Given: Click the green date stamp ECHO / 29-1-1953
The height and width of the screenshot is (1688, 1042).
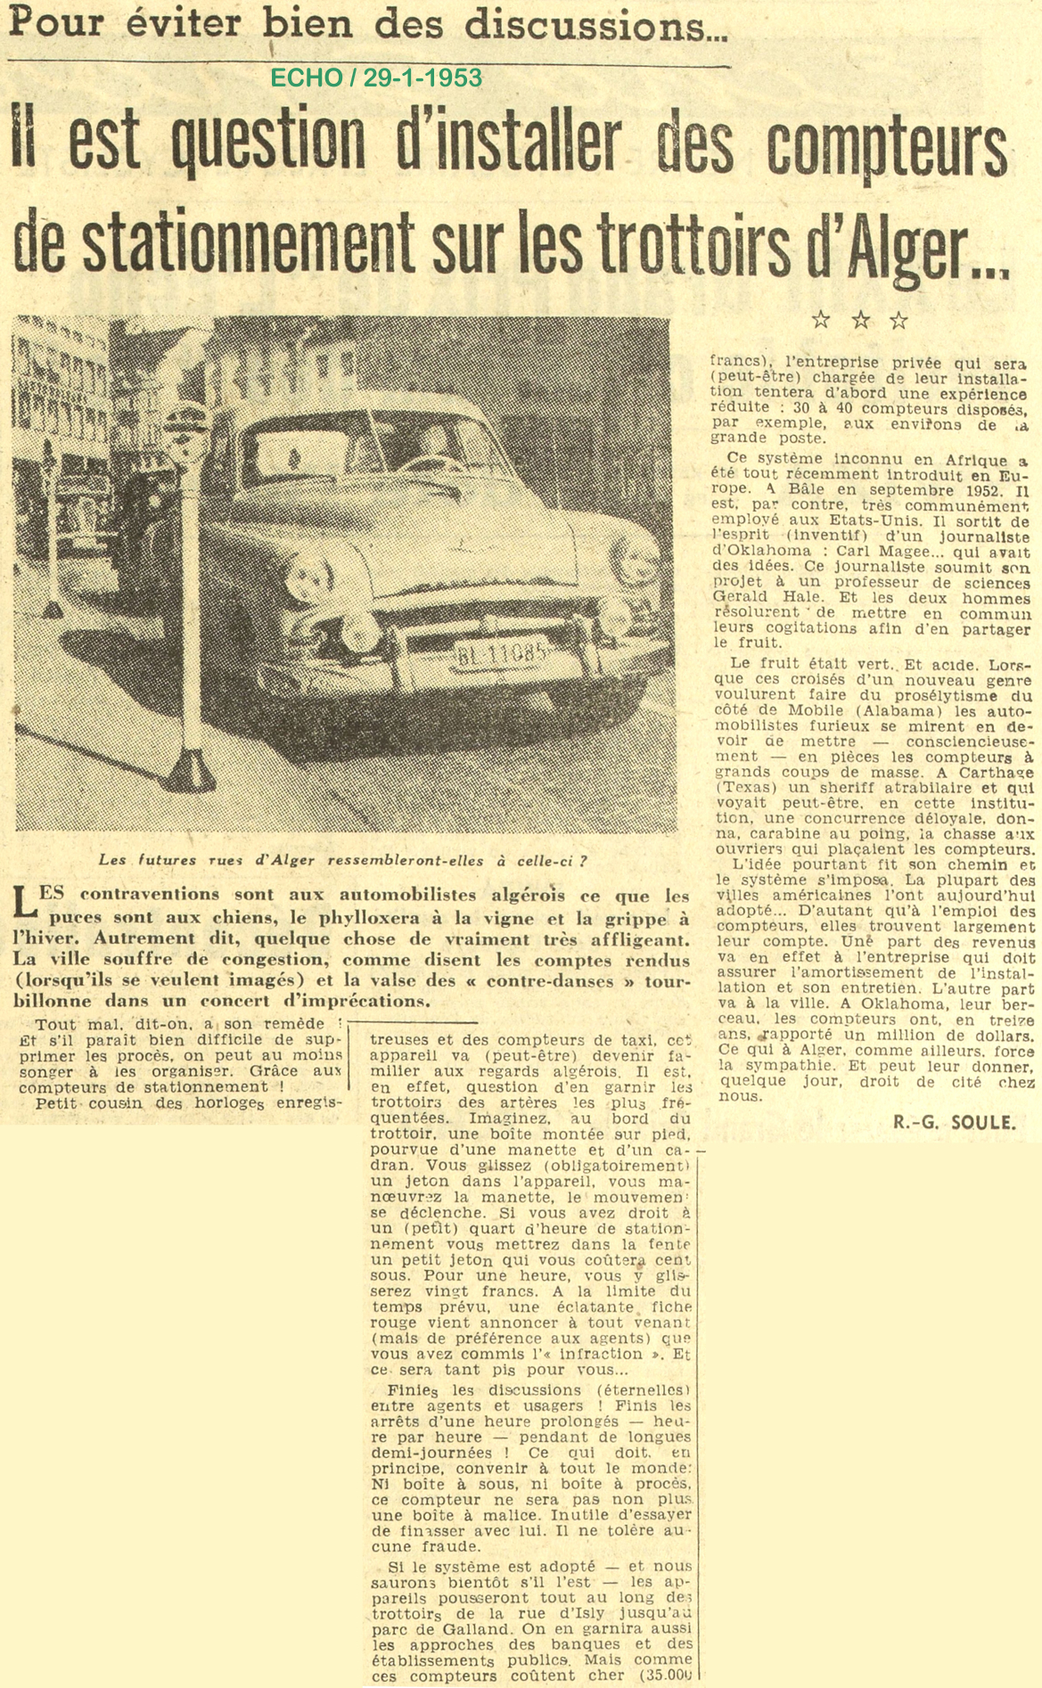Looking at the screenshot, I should pyautogui.click(x=375, y=78).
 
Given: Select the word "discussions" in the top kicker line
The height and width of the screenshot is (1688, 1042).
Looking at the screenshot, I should pyautogui.click(x=618, y=24).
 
